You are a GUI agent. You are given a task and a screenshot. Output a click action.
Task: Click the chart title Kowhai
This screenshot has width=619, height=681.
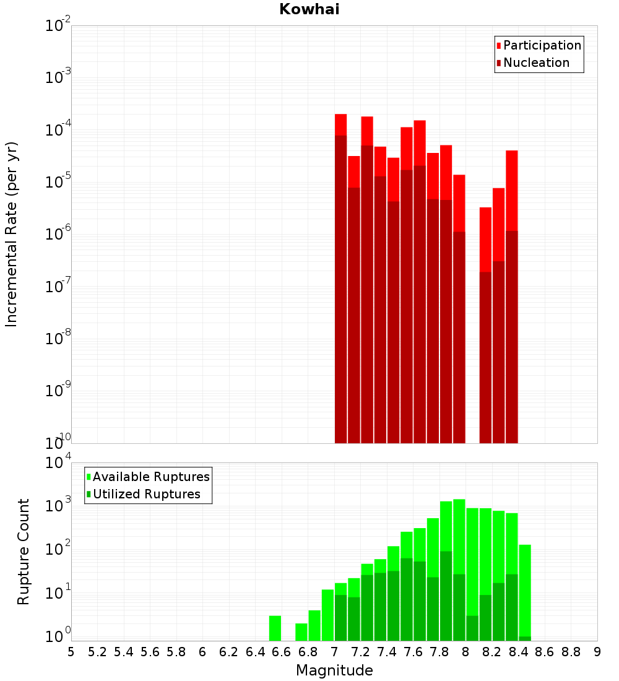pos(309,9)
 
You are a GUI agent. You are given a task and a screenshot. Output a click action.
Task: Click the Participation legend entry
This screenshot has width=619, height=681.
pos(542,45)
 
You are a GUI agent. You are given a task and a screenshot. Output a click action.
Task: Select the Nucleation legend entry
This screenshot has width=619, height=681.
pos(535,63)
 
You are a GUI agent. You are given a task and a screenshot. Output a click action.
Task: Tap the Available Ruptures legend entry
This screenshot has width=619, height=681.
pos(150,477)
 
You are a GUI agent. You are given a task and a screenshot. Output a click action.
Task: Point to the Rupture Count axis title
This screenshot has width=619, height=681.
pos(24,551)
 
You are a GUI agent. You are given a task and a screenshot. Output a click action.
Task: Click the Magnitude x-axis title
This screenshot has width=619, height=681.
pos(334,670)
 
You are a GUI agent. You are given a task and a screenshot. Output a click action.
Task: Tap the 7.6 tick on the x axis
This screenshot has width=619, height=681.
pos(413,652)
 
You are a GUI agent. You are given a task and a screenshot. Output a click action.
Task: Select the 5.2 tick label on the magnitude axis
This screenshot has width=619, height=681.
pos(97,652)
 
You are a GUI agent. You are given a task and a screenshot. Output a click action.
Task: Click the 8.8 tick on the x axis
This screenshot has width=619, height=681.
pos(571,652)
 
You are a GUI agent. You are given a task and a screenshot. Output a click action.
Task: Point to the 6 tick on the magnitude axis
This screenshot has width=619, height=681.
pos(202,652)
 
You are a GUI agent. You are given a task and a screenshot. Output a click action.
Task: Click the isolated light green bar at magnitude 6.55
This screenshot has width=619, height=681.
pos(275,628)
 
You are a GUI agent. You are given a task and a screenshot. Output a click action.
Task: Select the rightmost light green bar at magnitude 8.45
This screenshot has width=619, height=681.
pos(525,588)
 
